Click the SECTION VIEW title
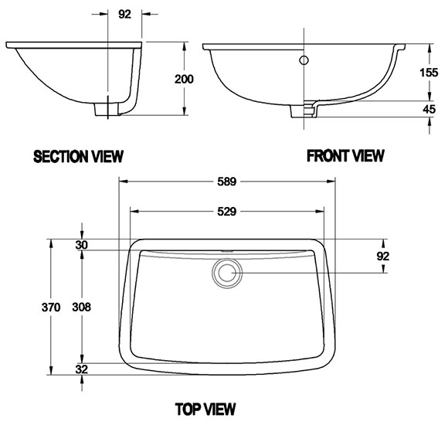(x=78, y=156)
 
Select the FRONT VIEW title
(x=345, y=156)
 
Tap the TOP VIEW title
(x=205, y=409)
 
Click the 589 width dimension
(x=227, y=182)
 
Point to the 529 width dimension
(x=227, y=212)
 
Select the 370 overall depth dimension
(x=51, y=308)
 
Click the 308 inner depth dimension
(x=81, y=307)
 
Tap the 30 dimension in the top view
(x=82, y=245)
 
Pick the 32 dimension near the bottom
(x=82, y=369)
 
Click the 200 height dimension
(x=184, y=79)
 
